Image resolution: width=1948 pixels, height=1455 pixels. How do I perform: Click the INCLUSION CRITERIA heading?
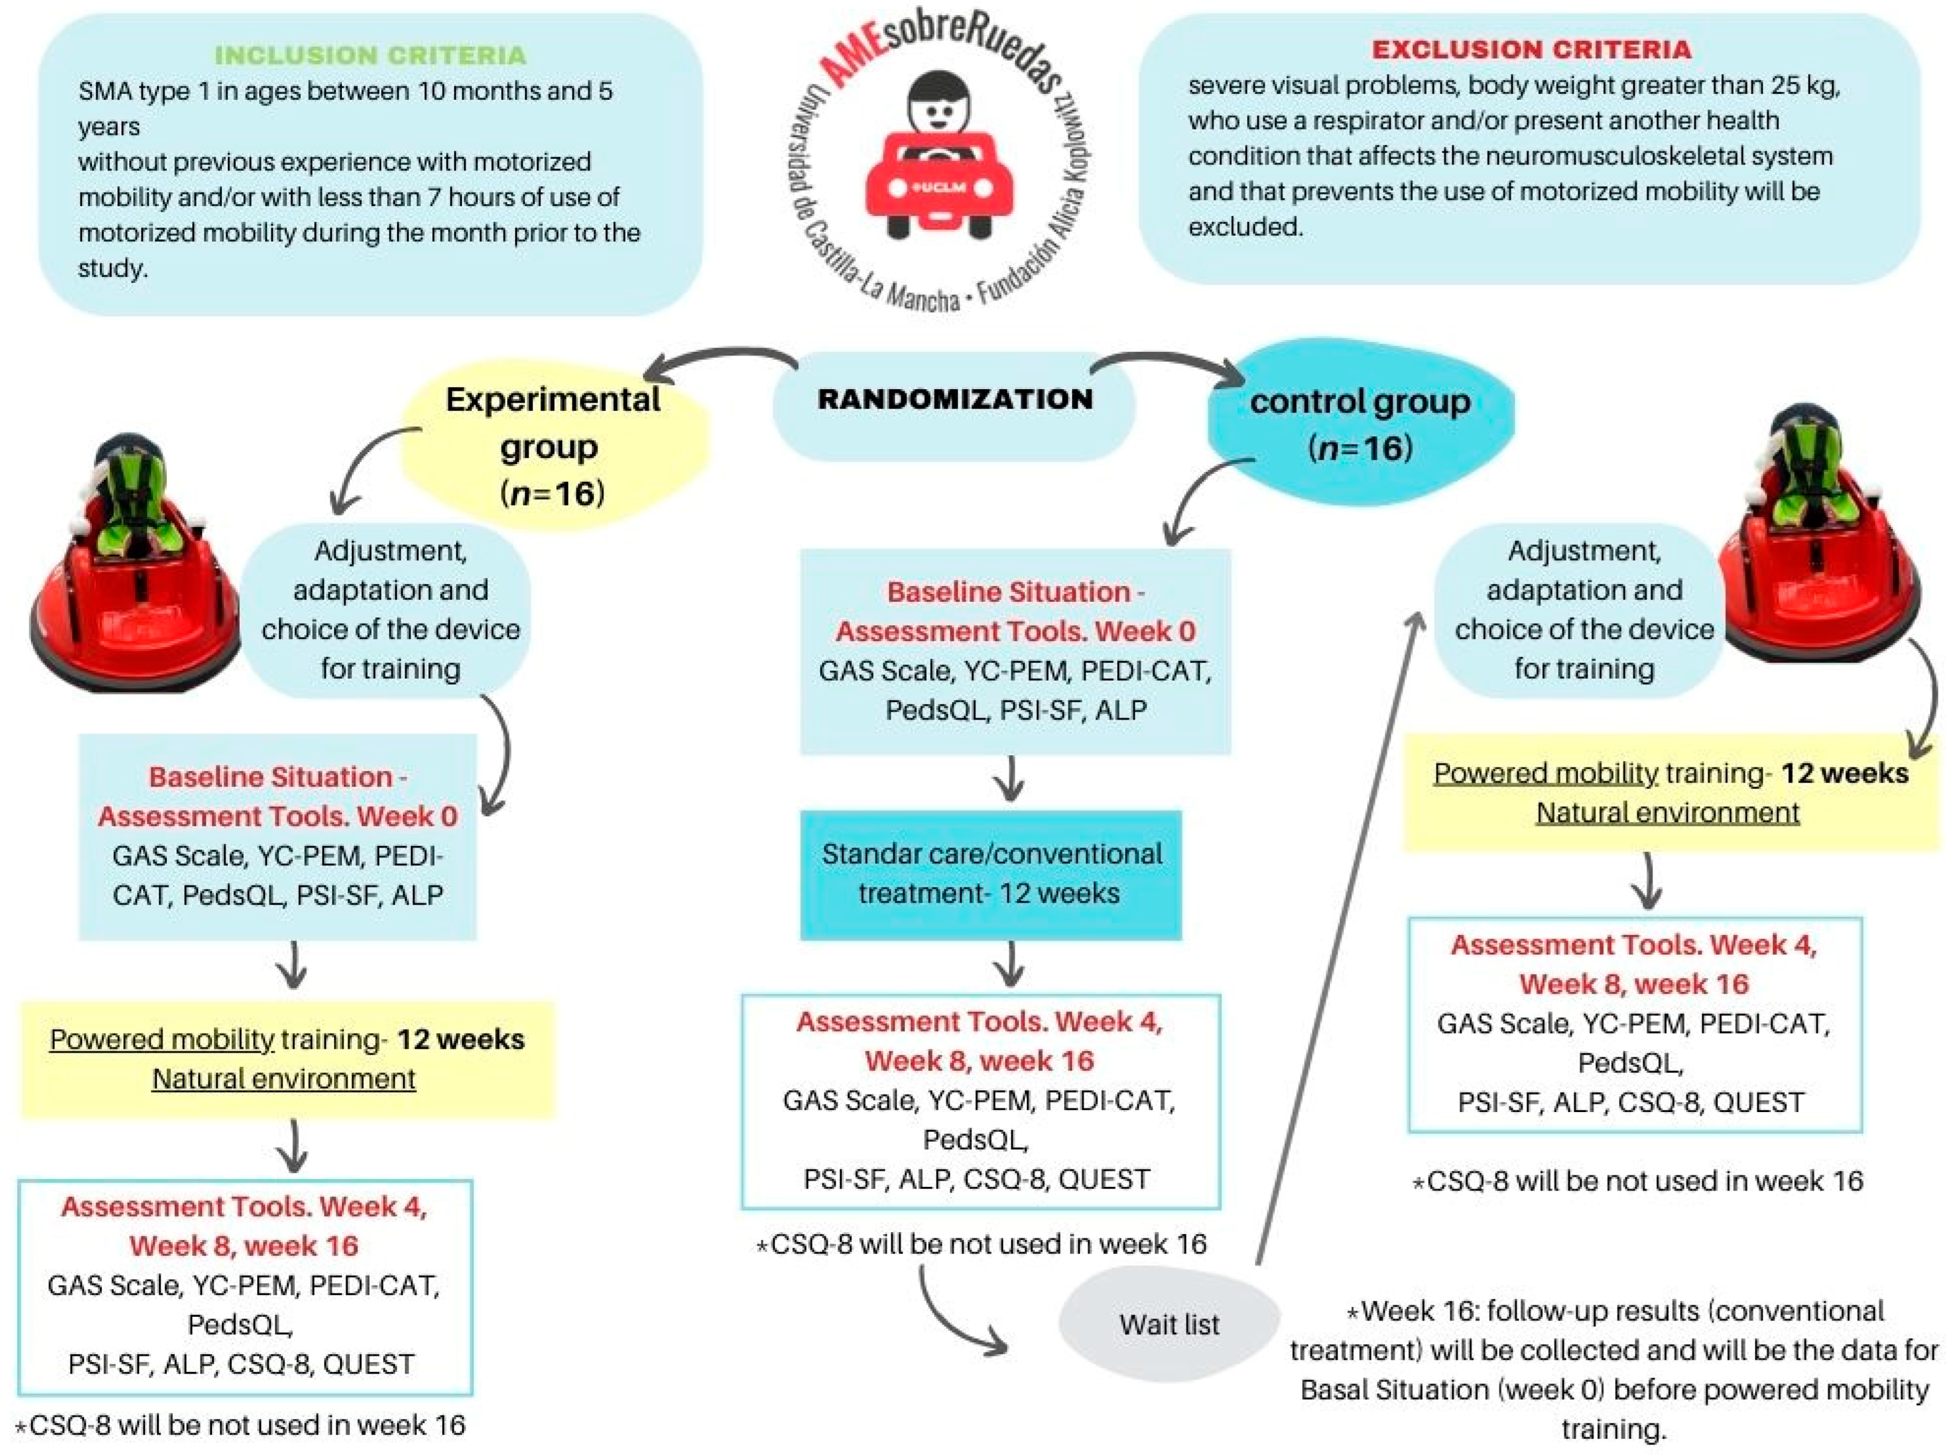(370, 54)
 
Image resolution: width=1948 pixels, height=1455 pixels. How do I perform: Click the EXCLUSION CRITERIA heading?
(1531, 49)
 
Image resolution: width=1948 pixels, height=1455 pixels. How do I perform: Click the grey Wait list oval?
(1169, 1324)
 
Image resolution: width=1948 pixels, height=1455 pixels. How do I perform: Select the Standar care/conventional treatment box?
(991, 874)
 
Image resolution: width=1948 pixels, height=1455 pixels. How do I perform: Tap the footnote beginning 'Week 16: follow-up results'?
(1614, 1369)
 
